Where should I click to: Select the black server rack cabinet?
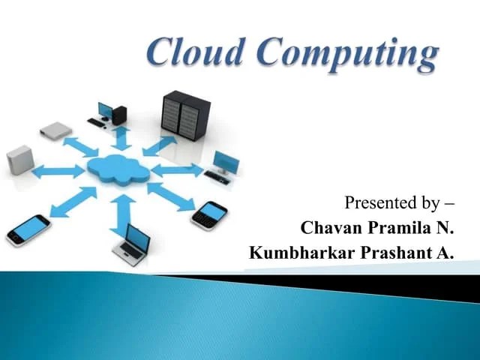click(181, 118)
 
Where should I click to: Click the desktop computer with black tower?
click(111, 115)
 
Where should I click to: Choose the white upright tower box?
click(20, 160)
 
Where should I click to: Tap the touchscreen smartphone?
click(28, 229)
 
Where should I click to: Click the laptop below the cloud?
click(132, 244)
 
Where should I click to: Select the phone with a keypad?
click(209, 215)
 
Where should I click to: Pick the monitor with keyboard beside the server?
click(223, 165)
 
